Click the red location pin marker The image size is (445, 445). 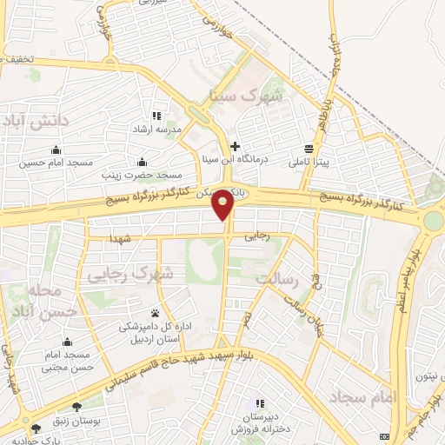(x=224, y=205)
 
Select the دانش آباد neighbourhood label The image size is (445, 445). (x=38, y=122)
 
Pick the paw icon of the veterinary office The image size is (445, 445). (x=156, y=314)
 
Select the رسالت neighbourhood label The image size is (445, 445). (x=278, y=280)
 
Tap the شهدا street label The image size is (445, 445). (x=121, y=238)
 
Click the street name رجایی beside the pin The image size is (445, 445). (x=257, y=236)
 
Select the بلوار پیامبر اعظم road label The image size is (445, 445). (x=415, y=278)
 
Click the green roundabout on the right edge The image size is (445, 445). (x=433, y=220)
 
